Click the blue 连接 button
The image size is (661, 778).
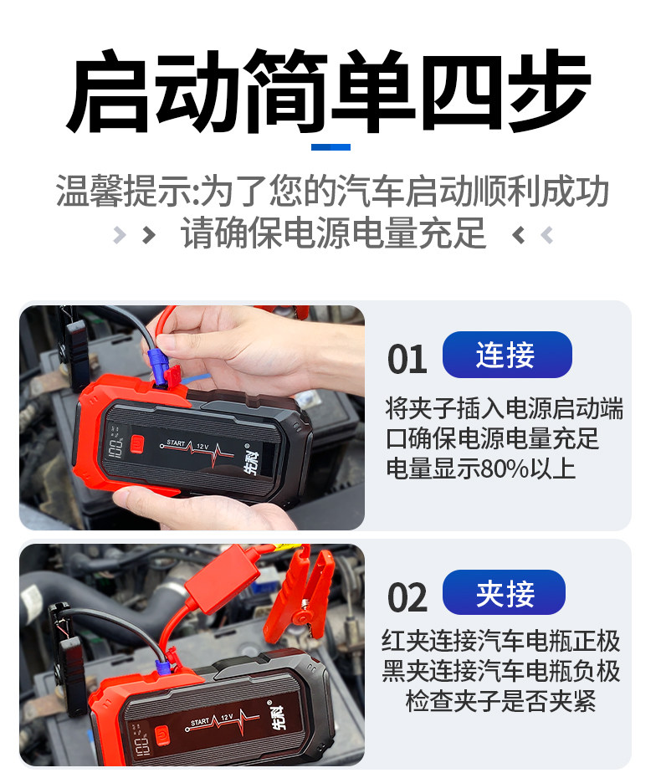click(507, 355)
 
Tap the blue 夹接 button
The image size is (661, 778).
click(504, 593)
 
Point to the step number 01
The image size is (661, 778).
click(407, 359)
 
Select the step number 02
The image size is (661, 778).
click(407, 597)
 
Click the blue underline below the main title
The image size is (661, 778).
click(330, 147)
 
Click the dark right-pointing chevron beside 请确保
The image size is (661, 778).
click(148, 235)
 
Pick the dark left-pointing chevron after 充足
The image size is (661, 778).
click(518, 235)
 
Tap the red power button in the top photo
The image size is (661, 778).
click(137, 444)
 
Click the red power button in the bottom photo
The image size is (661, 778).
click(161, 735)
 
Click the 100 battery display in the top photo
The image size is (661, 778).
click(115, 448)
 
